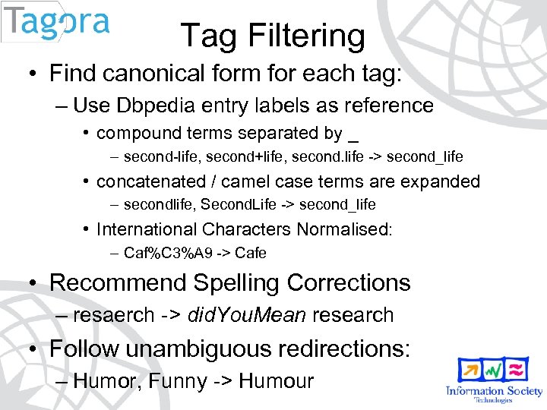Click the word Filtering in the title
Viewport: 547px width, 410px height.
click(x=306, y=36)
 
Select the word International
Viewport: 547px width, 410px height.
click(x=147, y=229)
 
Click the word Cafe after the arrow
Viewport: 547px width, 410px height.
click(x=251, y=253)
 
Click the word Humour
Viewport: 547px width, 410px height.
click(x=276, y=381)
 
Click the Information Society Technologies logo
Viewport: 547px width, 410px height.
click(x=494, y=380)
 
